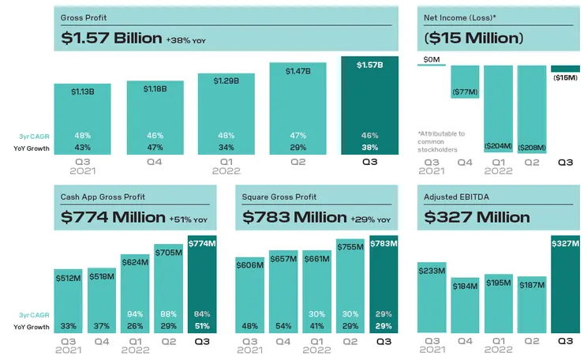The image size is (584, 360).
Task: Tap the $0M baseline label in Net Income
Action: (432, 59)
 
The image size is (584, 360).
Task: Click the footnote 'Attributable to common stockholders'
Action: (442, 140)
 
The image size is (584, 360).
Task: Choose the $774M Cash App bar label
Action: (203, 242)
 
